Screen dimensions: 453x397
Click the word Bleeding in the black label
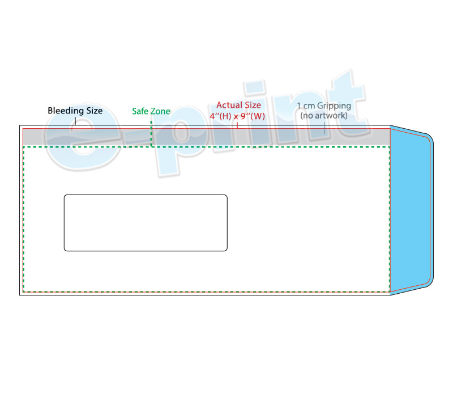(62, 111)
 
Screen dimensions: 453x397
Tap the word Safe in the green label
(140, 111)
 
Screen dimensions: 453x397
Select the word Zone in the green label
(160, 111)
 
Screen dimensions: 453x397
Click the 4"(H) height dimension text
(220, 116)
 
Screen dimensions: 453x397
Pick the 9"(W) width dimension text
(253, 116)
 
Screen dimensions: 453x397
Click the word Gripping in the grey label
(334, 106)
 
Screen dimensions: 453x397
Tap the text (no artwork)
(324, 116)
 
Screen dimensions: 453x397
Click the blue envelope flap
(410, 210)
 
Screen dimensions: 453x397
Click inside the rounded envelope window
(146, 223)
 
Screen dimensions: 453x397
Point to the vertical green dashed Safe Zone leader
(151, 133)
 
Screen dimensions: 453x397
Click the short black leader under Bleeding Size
(75, 121)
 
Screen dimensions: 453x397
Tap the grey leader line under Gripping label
(324, 128)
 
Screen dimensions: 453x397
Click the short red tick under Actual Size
(237, 125)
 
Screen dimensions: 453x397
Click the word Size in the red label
(253, 105)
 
